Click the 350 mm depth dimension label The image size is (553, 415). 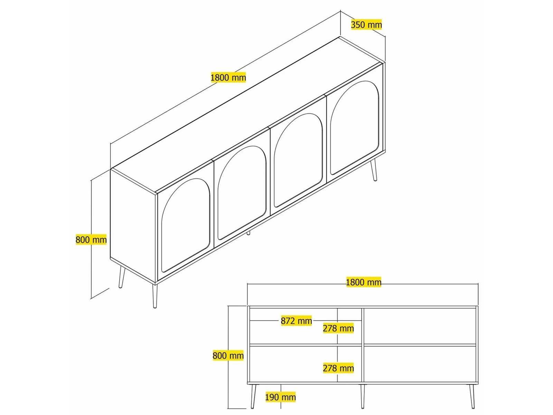366,25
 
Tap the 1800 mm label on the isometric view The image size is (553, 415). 228,77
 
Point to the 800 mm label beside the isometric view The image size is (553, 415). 91,239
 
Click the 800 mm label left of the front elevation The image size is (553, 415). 228,355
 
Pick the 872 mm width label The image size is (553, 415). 296,321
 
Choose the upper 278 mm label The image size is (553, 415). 338,328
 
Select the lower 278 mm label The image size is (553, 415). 338,368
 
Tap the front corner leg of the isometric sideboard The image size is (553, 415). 155,296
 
